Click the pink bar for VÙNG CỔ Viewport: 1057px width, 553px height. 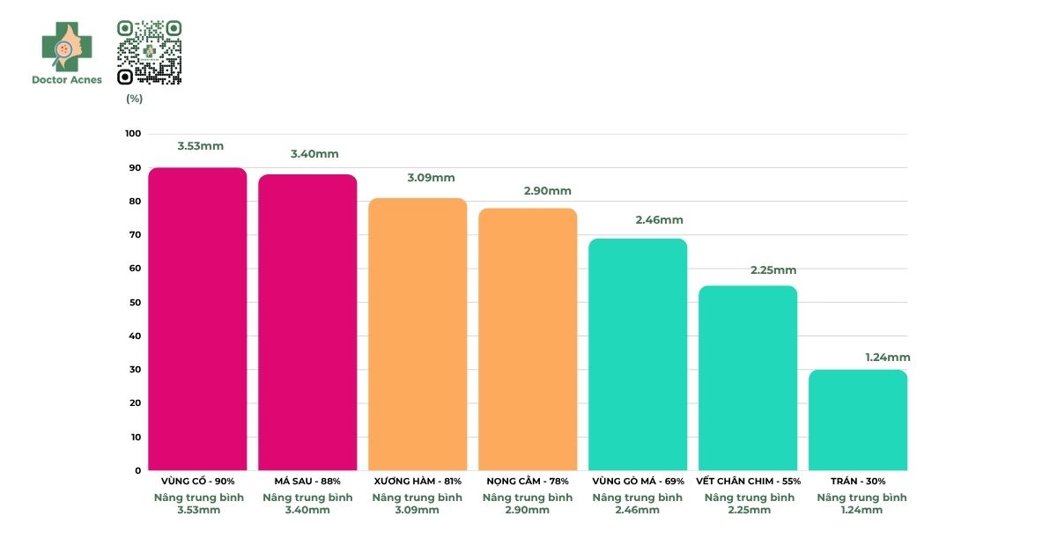[197, 319]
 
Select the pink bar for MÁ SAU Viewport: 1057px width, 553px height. [307, 322]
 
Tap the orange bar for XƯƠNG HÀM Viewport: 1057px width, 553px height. [418, 334]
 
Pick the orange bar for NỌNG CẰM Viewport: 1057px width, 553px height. [528, 339]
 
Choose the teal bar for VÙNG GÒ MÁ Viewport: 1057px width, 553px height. [638, 354]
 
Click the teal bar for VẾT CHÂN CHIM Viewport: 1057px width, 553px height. [748, 378]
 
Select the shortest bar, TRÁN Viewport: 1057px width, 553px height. [858, 420]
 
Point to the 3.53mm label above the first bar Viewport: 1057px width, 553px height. [201, 146]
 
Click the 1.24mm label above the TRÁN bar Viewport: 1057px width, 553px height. [888, 358]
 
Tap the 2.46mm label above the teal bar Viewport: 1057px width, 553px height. [659, 220]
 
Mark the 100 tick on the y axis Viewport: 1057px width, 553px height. [132, 134]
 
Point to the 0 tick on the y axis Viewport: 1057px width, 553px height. [137, 470]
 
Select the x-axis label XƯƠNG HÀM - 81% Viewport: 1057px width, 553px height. [418, 482]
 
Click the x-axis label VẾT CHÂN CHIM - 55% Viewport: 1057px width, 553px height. [748, 482]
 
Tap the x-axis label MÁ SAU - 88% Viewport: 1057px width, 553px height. [307, 482]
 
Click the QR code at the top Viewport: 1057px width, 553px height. [150, 52]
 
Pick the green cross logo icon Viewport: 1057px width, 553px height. [66, 46]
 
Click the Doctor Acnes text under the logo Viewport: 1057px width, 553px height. [67, 80]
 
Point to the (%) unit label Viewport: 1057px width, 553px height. [134, 99]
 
